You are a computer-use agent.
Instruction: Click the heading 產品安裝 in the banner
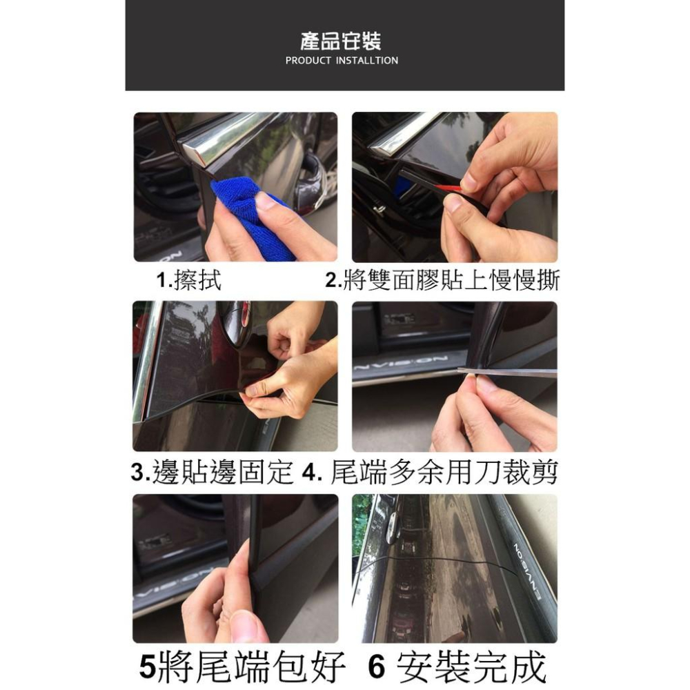coord(342,41)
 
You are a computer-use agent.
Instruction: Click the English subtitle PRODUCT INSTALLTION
coord(342,61)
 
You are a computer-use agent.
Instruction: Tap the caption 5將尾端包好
coord(241,667)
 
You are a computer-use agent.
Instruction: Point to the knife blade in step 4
coord(511,373)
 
